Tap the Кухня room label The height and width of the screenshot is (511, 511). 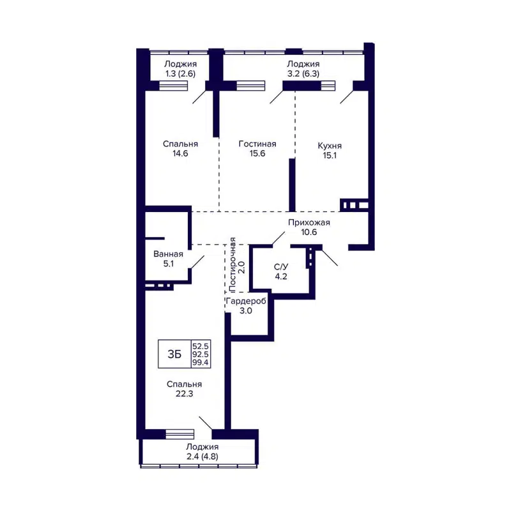coord(329,145)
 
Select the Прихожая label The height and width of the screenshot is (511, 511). coord(309,222)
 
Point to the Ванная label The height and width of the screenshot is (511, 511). coord(168,254)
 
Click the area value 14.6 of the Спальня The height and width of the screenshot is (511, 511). coord(179,154)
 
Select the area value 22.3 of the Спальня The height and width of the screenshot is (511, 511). coord(184,394)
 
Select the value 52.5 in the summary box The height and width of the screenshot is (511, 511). coord(201,346)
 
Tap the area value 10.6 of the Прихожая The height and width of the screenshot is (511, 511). coord(309,232)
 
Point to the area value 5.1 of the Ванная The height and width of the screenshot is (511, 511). coord(168,264)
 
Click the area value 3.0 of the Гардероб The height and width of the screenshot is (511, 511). coord(246,311)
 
